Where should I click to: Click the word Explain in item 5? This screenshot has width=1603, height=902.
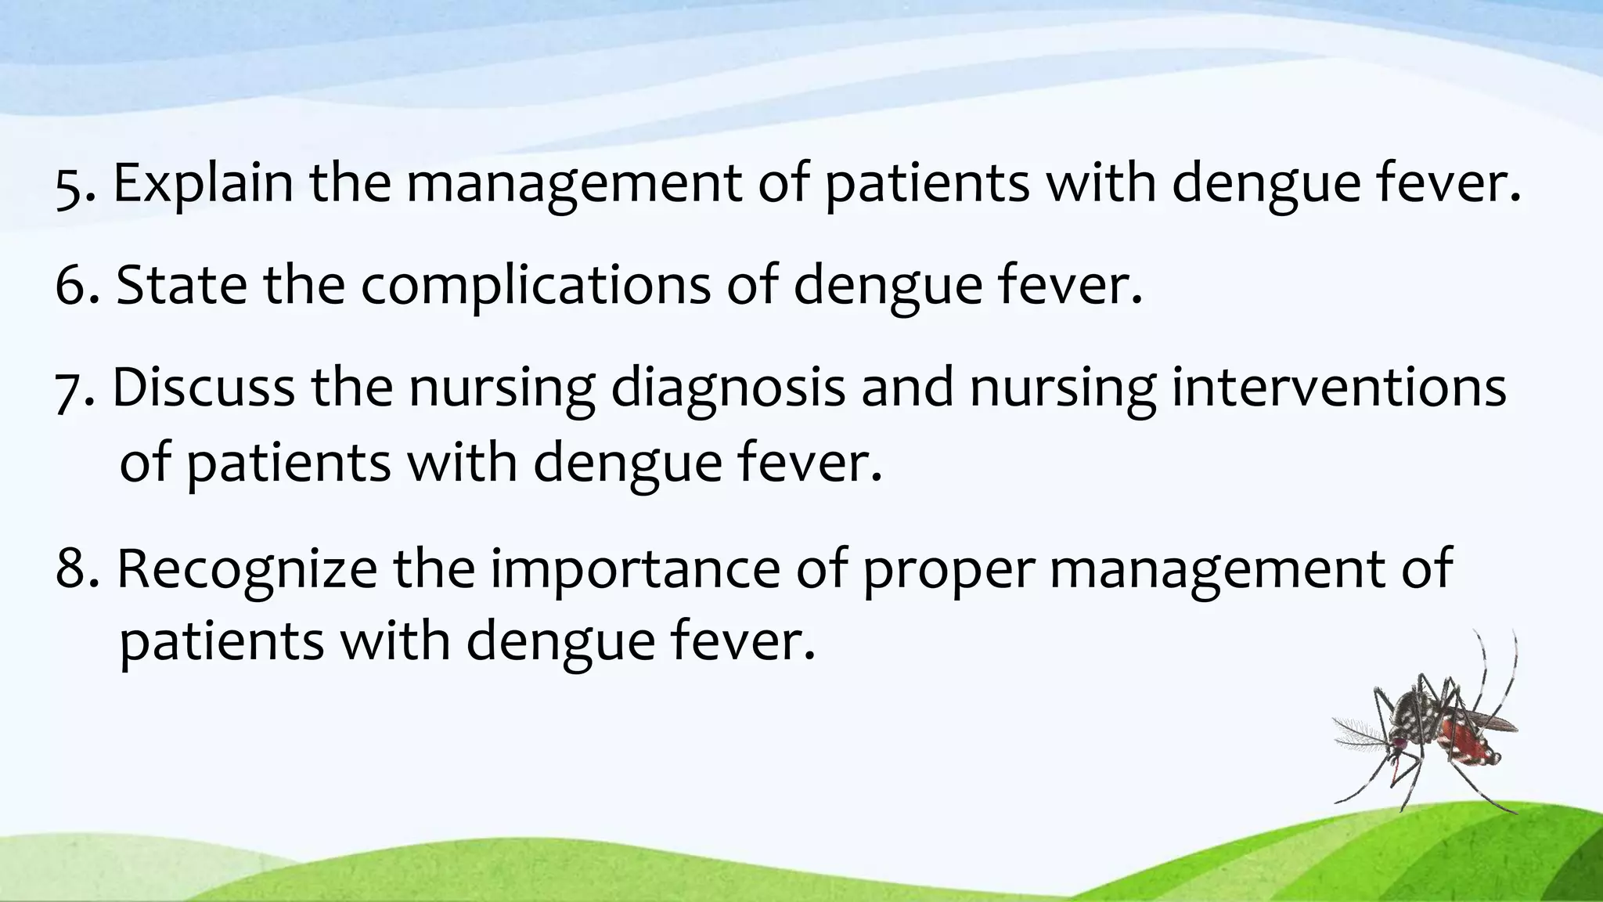coord(203,184)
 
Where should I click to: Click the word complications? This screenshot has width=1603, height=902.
coord(535,287)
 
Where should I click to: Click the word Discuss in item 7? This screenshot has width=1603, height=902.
coord(204,388)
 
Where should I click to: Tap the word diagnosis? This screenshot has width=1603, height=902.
coord(728,389)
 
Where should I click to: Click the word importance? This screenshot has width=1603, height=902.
coord(635,569)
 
